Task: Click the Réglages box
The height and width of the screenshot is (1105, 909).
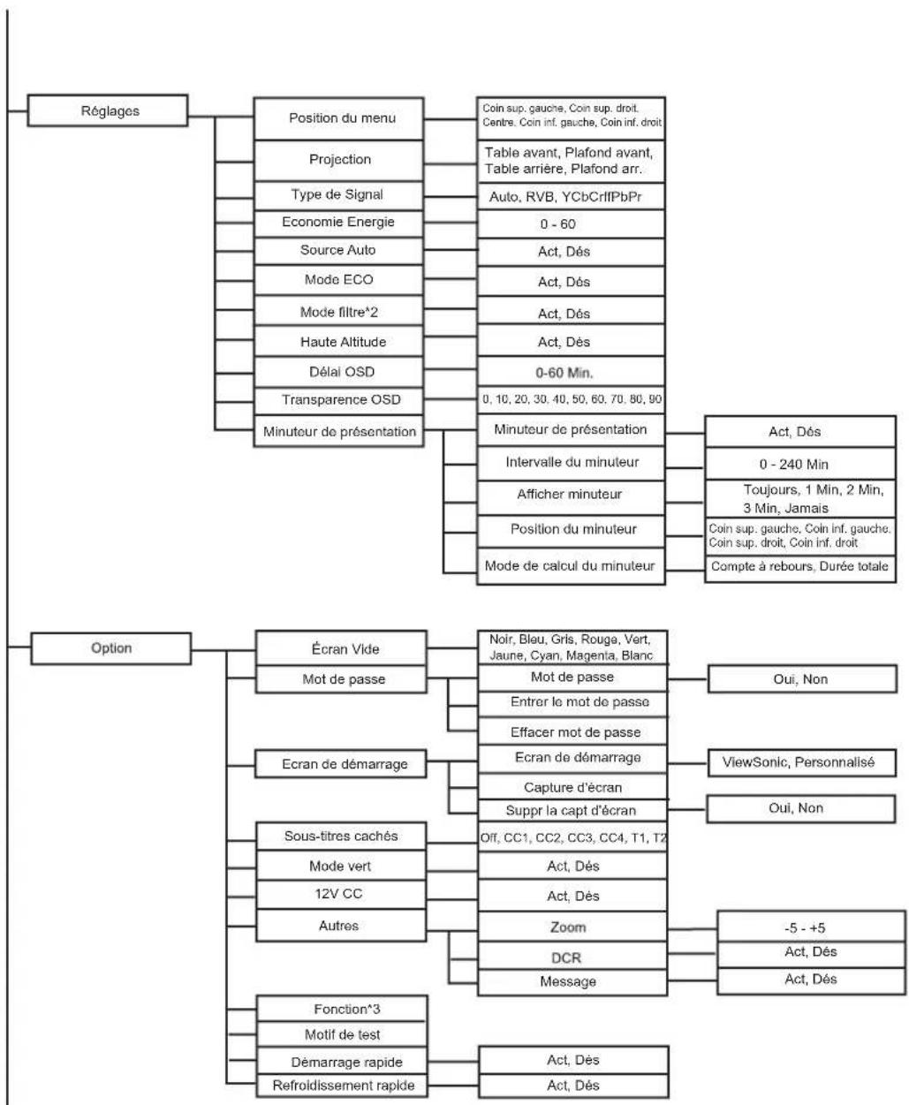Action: [x=108, y=110]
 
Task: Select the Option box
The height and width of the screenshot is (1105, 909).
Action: [x=111, y=648]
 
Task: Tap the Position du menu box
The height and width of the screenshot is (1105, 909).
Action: [x=338, y=118]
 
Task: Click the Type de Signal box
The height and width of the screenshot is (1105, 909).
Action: [x=338, y=195]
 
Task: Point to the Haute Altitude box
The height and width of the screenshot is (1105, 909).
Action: [x=338, y=342]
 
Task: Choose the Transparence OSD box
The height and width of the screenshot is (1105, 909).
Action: [x=338, y=400]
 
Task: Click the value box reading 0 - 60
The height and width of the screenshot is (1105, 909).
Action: [x=571, y=224]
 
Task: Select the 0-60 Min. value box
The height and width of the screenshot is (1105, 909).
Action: [x=571, y=373]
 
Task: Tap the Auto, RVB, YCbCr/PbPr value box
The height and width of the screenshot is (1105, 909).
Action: [x=571, y=196]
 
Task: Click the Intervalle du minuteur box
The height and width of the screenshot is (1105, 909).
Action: [x=571, y=463]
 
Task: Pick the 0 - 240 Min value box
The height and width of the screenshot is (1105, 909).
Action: [x=800, y=464]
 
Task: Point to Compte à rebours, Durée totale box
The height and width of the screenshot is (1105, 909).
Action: [x=800, y=567]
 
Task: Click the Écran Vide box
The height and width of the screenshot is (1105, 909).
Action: [x=341, y=648]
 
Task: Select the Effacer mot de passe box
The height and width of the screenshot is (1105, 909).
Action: [x=572, y=731]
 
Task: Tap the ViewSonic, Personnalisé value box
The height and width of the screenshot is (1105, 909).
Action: [x=801, y=762]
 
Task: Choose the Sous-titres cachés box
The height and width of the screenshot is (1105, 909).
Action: [x=341, y=836]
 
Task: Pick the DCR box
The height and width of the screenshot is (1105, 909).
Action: [x=572, y=957]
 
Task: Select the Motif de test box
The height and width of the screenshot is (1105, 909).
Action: [x=342, y=1035]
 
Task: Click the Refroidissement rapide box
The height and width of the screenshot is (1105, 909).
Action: [x=342, y=1086]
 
